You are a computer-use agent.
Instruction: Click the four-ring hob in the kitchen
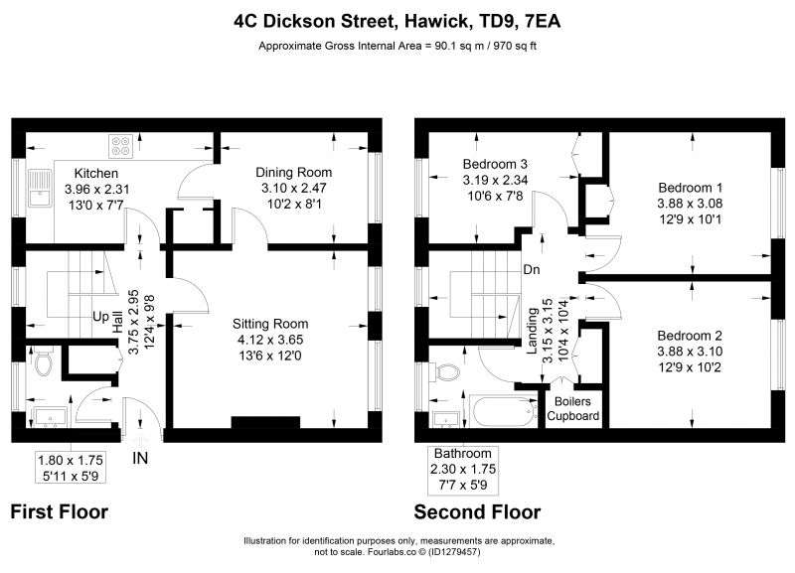121,146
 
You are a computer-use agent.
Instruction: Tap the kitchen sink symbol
40,188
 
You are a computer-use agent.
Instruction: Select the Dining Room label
293,172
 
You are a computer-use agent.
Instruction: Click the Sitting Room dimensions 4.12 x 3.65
270,340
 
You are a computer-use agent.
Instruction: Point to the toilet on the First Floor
44,360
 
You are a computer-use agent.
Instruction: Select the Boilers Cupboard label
573,409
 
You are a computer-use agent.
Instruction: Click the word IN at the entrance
140,459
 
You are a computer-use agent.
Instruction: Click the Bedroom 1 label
690,188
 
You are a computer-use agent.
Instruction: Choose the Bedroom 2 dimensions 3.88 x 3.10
690,352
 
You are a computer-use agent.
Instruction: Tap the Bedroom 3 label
495,164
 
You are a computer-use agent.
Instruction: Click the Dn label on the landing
532,269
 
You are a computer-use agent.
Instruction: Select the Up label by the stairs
100,317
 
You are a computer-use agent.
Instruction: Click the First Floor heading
60,511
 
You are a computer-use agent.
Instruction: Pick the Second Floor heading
477,511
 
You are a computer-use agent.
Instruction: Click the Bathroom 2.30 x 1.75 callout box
463,470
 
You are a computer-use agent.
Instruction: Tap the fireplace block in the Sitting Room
265,422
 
